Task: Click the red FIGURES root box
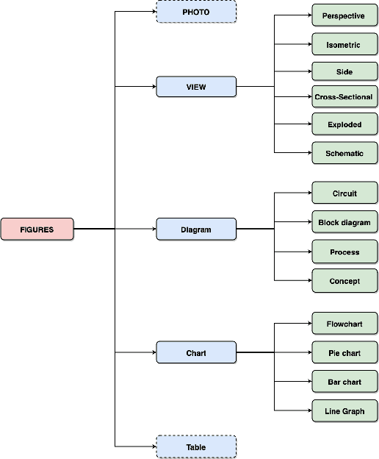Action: [x=37, y=230]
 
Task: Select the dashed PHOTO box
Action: [x=196, y=13]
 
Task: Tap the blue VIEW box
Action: [x=196, y=87]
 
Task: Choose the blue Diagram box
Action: [x=196, y=230]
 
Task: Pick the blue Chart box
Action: [x=196, y=353]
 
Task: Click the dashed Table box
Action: [x=196, y=447]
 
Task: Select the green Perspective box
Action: [x=344, y=15]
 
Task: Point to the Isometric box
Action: [x=344, y=45]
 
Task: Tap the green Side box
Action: [x=344, y=71]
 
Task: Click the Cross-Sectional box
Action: [x=344, y=97]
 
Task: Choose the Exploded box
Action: [x=344, y=124]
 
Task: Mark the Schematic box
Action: [x=344, y=154]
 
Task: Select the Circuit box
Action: [x=344, y=193]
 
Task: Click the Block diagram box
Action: [x=344, y=222]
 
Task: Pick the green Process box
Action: [x=344, y=252]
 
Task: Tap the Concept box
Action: [x=344, y=281]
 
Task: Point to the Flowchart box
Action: [x=344, y=324]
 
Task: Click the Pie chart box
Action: [x=344, y=353]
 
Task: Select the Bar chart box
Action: [x=344, y=382]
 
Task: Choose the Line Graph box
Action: [x=344, y=411]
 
